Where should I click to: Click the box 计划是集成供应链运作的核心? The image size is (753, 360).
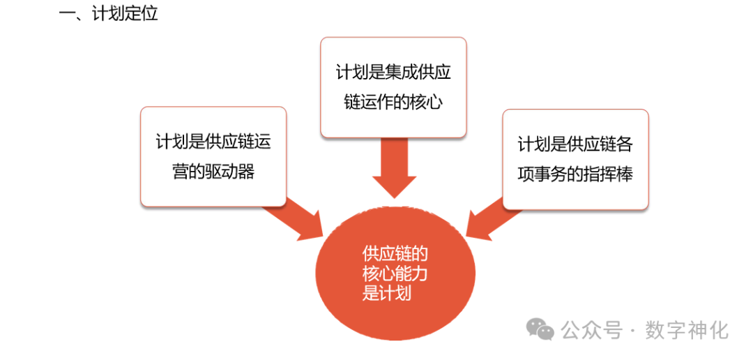tap(393, 87)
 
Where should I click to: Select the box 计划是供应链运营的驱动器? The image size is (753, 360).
tap(213, 156)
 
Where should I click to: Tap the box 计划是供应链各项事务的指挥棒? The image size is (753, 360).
tap(575, 159)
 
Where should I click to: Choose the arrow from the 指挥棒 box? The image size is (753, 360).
tap(492, 218)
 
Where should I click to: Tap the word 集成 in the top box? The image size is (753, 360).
tap(403, 72)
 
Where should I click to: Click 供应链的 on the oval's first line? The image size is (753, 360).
tap(395, 253)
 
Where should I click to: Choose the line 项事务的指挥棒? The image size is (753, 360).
tap(575, 174)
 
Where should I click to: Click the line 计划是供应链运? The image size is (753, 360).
tap(213, 142)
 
